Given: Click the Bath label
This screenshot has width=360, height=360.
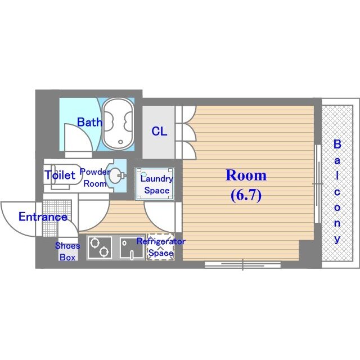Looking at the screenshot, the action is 89,122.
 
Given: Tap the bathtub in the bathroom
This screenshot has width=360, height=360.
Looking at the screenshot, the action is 118,124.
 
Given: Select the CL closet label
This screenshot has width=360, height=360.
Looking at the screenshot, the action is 159,131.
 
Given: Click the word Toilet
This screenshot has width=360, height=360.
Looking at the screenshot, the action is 60,175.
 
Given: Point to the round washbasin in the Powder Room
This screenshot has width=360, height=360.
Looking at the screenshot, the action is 115,176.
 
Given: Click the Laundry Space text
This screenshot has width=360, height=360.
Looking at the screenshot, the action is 157,184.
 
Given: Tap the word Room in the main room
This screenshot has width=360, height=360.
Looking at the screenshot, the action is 246,175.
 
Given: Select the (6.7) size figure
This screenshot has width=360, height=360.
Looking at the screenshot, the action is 246,195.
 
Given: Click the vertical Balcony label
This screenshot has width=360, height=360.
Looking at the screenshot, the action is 337,191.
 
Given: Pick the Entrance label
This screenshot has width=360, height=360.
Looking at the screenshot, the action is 43,217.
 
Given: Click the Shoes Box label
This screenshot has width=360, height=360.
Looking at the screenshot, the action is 67,251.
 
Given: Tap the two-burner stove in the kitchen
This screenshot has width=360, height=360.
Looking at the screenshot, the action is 100,247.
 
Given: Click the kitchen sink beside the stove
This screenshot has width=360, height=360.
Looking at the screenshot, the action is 132,247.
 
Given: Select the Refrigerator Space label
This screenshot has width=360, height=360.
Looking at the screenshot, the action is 161,247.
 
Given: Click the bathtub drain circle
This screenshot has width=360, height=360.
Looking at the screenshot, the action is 120,142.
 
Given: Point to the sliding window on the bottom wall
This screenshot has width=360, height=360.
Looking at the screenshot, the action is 242,265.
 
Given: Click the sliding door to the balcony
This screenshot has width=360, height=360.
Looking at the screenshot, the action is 318,184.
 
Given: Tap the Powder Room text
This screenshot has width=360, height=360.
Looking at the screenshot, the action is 95,178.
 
